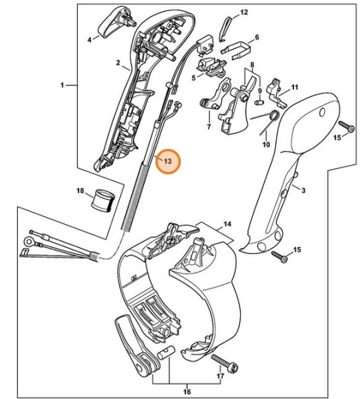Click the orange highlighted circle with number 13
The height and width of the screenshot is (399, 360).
click(165, 163)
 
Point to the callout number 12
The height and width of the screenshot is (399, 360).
click(243, 13)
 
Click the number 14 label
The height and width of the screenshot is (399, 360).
click(228, 224)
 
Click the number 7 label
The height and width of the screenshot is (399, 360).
click(208, 127)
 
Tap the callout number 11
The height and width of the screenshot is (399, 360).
click(295, 87)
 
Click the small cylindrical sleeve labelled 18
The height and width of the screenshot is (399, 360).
click(103, 201)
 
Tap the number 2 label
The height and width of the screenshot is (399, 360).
click(118, 63)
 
